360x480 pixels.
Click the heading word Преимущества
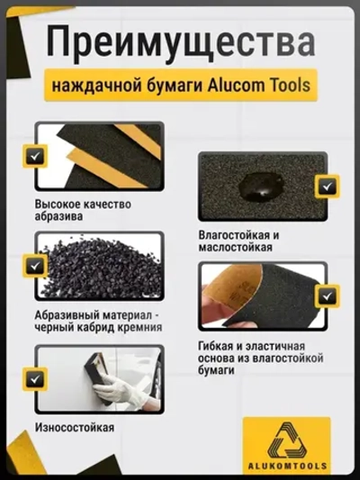click(180, 41)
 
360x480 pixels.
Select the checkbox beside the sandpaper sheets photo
click(37, 156)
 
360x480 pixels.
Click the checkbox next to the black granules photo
click(37, 266)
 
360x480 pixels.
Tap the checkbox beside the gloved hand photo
click(37, 379)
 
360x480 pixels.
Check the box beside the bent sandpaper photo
click(325, 295)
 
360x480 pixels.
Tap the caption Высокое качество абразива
click(83, 210)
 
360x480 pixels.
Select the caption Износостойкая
click(74, 427)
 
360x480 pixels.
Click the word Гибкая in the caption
click(220, 347)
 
